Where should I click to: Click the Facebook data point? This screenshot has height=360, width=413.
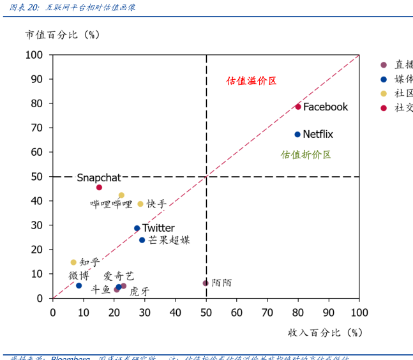tap(298, 107)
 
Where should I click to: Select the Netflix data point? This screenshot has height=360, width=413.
tap(297, 134)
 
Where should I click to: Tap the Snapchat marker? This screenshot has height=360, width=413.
tap(99, 188)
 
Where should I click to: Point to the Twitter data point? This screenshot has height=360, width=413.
tap(137, 228)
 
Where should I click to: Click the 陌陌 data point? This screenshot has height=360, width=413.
tap(206, 283)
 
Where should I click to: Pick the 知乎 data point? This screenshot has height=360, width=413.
tap(73, 262)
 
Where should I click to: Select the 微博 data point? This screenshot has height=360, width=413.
tap(79, 285)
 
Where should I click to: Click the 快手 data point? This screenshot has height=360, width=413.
tap(140, 204)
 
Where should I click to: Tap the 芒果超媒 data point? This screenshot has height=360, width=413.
tap(142, 240)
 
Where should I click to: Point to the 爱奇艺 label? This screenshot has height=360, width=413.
tap(119, 276)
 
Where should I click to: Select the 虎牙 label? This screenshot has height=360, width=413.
tap(140, 291)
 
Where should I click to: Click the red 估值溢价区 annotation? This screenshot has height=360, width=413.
tap(252, 81)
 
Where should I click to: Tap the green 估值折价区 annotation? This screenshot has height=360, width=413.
tap(306, 154)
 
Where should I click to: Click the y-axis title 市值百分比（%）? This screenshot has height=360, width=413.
tap(63, 34)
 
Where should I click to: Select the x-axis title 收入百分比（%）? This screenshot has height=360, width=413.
tap(325, 333)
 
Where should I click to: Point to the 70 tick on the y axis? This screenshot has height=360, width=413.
tap(38, 128)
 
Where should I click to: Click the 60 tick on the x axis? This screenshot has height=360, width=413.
tap(237, 312)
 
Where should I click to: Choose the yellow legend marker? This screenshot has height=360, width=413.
tap(384, 93)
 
